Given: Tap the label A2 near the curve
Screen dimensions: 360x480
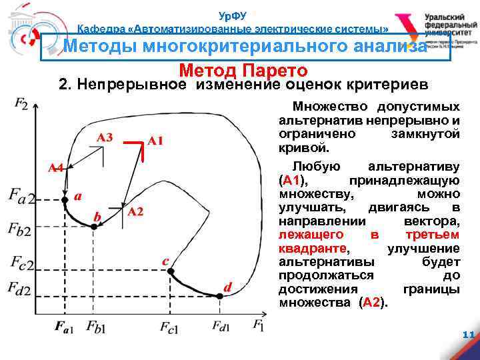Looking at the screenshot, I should point(135,212).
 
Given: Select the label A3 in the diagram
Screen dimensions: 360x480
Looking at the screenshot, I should point(104,137).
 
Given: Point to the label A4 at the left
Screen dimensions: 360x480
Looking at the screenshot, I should point(55,168).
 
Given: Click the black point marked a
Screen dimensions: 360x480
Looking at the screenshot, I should point(65,199).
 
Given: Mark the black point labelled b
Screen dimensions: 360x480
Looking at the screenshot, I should point(94,227).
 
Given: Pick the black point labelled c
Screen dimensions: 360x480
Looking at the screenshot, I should point(171,271).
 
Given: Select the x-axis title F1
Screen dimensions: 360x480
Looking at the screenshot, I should point(259,325).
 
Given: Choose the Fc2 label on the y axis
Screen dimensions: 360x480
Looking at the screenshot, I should point(23,263).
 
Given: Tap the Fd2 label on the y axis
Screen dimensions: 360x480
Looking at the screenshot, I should point(23,289).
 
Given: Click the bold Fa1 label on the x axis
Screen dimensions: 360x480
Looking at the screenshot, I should point(65,327).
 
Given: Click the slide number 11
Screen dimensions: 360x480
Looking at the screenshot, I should point(467,335).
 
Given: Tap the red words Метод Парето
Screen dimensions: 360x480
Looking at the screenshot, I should point(243,71).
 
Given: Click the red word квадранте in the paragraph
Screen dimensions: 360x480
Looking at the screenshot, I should point(312,249).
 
